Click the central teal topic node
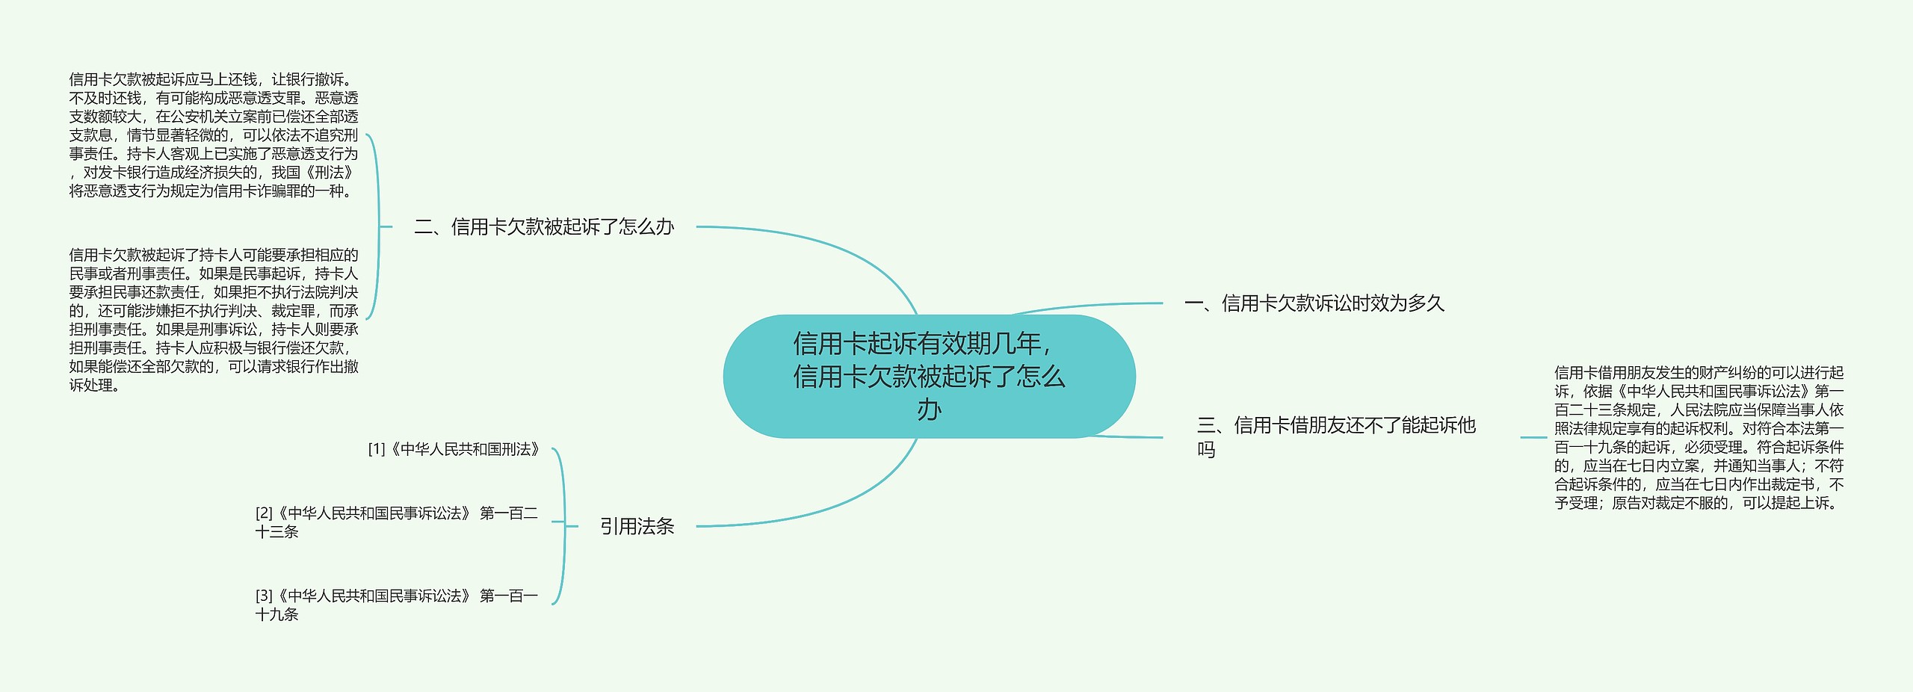(929, 376)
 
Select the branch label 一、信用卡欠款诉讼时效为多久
(1314, 303)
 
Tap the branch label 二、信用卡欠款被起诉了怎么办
(544, 227)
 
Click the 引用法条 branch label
(637, 527)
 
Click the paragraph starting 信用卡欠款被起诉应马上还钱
(214, 135)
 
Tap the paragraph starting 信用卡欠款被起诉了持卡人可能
(214, 320)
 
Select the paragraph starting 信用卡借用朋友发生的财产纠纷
(1699, 437)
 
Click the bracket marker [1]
(377, 449)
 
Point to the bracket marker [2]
(264, 513)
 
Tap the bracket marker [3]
(264, 596)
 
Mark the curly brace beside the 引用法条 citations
(563, 526)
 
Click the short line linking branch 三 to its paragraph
(1533, 437)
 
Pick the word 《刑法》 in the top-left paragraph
(329, 173)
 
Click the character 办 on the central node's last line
(929, 410)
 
